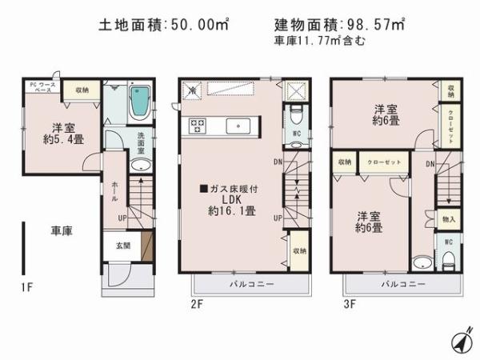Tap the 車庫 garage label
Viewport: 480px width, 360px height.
[x=62, y=230]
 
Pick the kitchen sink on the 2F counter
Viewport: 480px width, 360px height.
[x=238, y=125]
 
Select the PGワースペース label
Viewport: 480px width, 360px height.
[x=40, y=87]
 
